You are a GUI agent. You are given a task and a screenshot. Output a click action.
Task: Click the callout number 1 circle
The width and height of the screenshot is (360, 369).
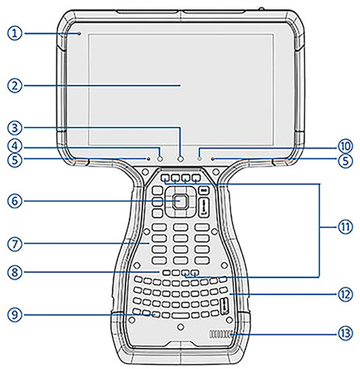[x=15, y=33]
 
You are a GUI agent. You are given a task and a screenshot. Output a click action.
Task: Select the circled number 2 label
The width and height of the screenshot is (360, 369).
[x=15, y=85]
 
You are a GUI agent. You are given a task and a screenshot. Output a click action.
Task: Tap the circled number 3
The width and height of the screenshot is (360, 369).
[x=15, y=128]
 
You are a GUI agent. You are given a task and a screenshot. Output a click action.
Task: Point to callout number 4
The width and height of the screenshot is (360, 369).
[x=15, y=146]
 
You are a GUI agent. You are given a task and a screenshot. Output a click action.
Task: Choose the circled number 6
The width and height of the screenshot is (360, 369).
[x=15, y=201]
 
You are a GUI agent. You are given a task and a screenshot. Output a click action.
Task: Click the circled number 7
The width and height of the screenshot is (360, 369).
[x=15, y=244]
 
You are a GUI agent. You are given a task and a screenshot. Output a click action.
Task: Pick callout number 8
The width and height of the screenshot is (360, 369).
[x=15, y=273]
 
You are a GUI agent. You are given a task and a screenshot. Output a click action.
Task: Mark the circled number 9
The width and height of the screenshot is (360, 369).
[x=15, y=315]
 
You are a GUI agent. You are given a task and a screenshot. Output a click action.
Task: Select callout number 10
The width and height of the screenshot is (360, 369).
[x=345, y=146]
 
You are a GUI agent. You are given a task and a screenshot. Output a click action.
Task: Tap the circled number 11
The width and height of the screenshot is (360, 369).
[x=345, y=227]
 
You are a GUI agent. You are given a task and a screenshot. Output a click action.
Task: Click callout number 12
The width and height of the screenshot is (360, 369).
[x=345, y=294]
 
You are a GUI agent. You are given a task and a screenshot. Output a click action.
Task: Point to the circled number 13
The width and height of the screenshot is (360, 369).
[x=345, y=333]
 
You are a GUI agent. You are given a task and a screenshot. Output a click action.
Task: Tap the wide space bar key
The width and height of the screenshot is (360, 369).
[x=180, y=315]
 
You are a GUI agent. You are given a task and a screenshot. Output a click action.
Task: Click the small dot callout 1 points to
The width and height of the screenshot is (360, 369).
[x=79, y=34]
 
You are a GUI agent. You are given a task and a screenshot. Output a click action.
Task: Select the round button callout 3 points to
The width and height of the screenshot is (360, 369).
[x=180, y=159]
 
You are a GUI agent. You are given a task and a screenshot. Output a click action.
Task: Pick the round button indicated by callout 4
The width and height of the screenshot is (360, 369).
[x=160, y=159]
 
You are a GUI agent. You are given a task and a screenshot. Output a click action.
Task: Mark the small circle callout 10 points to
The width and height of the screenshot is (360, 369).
[x=199, y=159]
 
